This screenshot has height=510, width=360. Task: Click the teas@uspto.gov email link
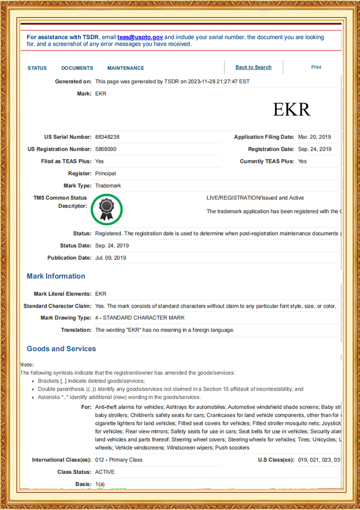click(140, 37)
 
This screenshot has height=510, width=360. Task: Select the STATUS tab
click(37, 68)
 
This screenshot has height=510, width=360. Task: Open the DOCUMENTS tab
click(77, 68)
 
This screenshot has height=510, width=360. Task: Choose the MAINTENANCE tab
click(125, 68)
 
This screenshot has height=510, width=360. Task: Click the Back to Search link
click(253, 67)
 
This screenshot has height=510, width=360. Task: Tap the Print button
click(316, 67)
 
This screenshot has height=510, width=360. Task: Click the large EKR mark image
click(292, 109)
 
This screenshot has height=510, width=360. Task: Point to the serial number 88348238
click(107, 137)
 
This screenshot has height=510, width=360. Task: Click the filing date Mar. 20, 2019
click(315, 137)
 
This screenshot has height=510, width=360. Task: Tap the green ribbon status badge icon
click(107, 209)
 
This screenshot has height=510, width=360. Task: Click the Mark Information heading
click(56, 276)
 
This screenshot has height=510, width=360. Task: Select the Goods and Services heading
click(61, 349)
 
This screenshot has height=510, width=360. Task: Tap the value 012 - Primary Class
click(119, 460)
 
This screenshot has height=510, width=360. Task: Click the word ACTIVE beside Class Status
click(105, 472)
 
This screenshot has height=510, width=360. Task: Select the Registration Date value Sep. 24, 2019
click(315, 149)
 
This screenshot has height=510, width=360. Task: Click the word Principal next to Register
click(105, 173)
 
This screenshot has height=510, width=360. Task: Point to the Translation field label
click(76, 330)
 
